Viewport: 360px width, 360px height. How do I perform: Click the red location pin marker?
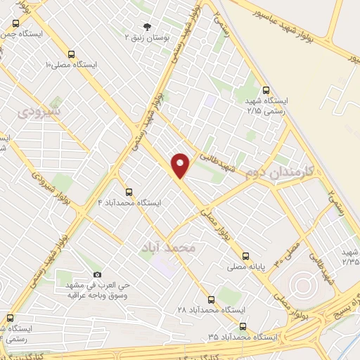(x=181, y=165)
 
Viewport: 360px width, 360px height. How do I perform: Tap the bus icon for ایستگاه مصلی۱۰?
(x=71, y=54)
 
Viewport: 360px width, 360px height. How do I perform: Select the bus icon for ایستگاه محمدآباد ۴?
(x=129, y=191)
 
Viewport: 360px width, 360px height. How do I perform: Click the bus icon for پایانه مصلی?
(x=246, y=257)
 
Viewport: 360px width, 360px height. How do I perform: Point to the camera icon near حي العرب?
(x=97, y=275)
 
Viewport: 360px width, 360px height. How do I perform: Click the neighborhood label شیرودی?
(x=39, y=111)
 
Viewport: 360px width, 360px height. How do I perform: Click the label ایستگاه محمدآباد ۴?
(x=129, y=202)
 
